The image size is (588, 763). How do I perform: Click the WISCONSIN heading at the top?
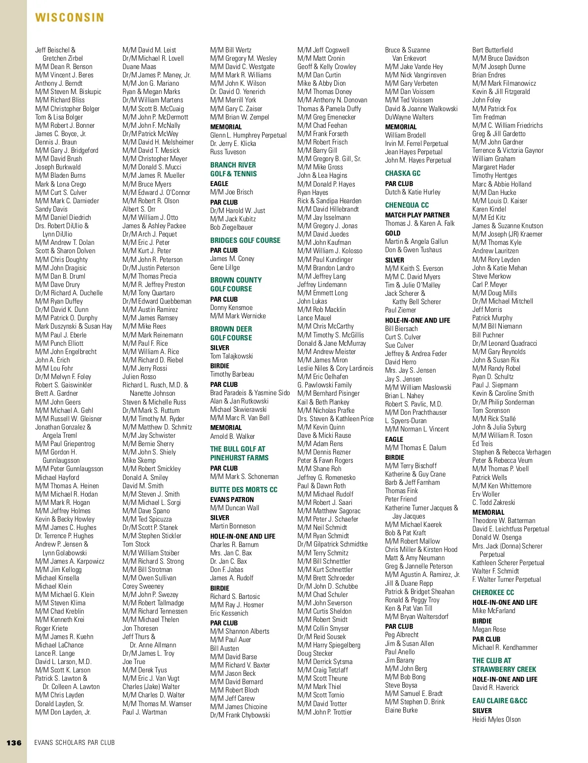click(x=70, y=18)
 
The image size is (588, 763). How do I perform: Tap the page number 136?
click(x=14, y=742)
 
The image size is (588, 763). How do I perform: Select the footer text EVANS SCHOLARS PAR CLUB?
click(x=74, y=742)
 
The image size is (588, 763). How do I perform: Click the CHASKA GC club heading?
click(x=403, y=173)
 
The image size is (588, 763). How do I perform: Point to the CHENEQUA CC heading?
click(x=407, y=205)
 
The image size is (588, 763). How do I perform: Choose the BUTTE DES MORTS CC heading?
click(x=244, y=490)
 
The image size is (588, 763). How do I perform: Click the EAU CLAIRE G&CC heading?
click(x=500, y=701)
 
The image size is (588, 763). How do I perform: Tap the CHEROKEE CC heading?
click(x=493, y=593)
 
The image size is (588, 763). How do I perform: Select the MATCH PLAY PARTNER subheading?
click(x=417, y=215)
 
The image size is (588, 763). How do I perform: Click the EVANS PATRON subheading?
click(x=232, y=500)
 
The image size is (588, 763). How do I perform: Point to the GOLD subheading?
click(x=392, y=233)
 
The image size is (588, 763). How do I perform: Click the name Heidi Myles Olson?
click(x=496, y=719)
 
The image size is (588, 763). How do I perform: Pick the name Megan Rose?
click(x=489, y=629)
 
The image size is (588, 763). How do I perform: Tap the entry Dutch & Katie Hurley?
click(x=413, y=192)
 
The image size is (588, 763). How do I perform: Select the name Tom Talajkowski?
click(x=231, y=356)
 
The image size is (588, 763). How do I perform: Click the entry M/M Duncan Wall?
click(x=235, y=508)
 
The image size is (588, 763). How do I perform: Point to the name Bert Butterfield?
click(x=492, y=50)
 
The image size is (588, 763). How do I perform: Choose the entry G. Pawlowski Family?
click(x=324, y=385)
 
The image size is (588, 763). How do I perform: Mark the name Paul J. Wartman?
click(x=145, y=712)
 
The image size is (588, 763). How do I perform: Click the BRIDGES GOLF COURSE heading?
click(x=245, y=240)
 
